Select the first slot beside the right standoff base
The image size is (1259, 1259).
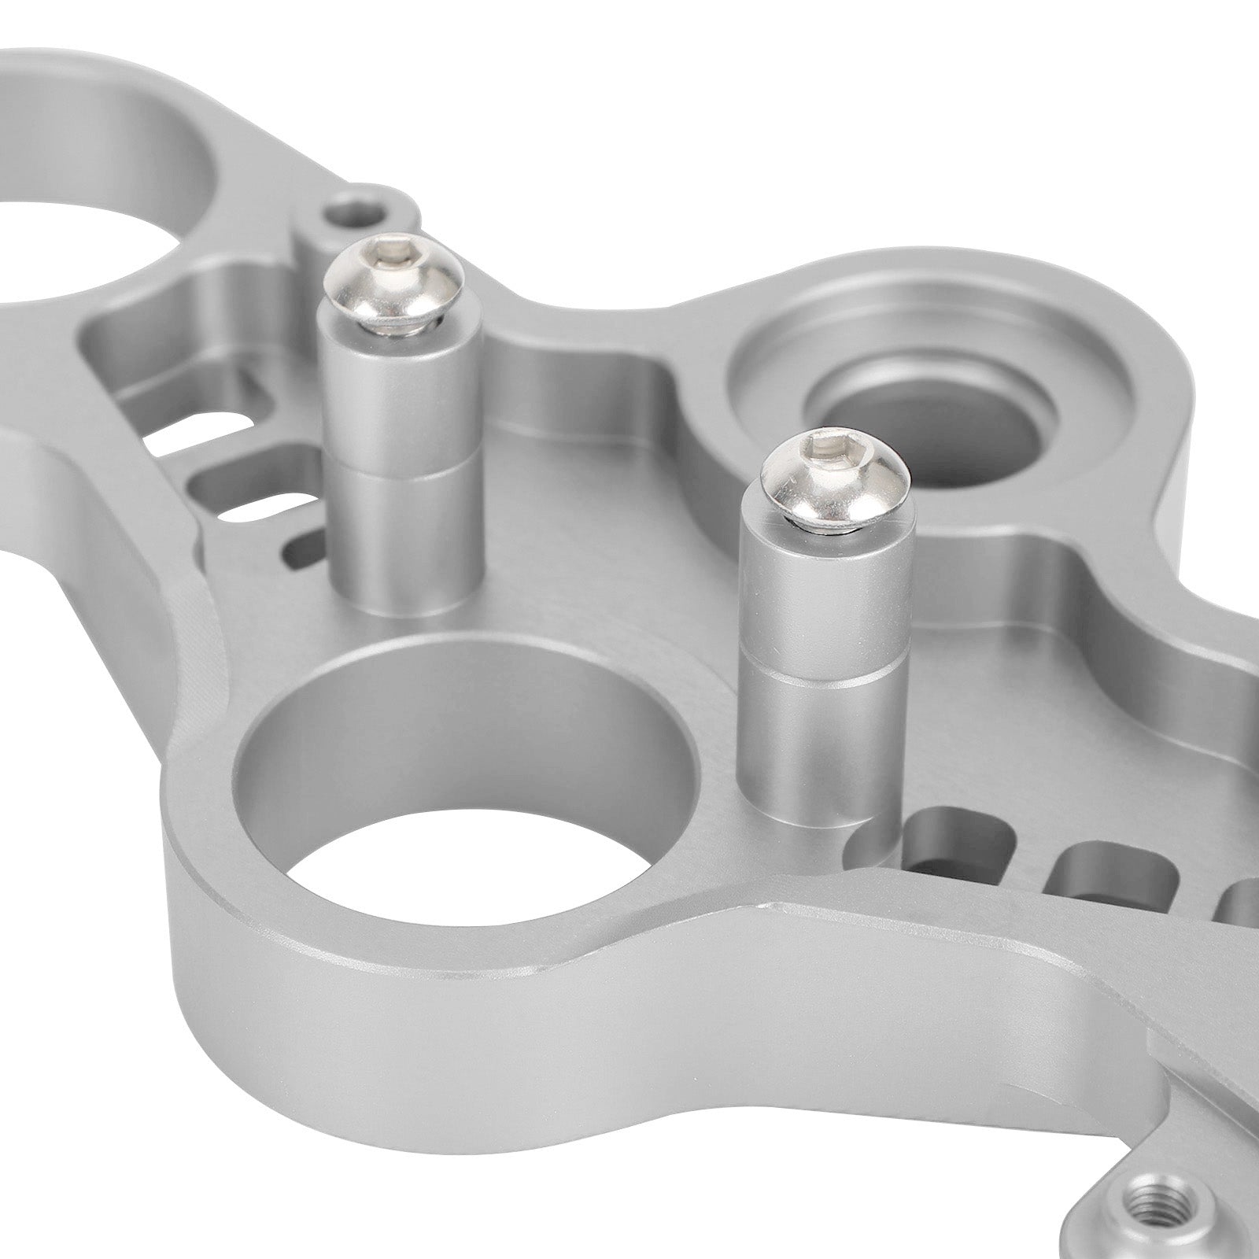956,846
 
